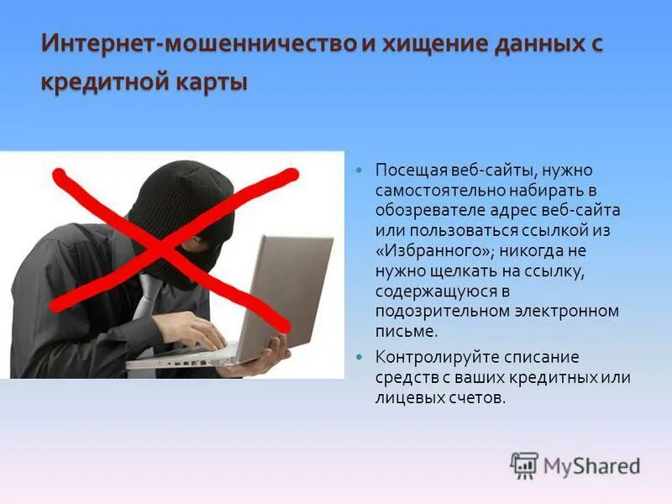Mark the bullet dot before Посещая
[x=360, y=171]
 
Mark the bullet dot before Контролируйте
[x=360, y=358]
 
